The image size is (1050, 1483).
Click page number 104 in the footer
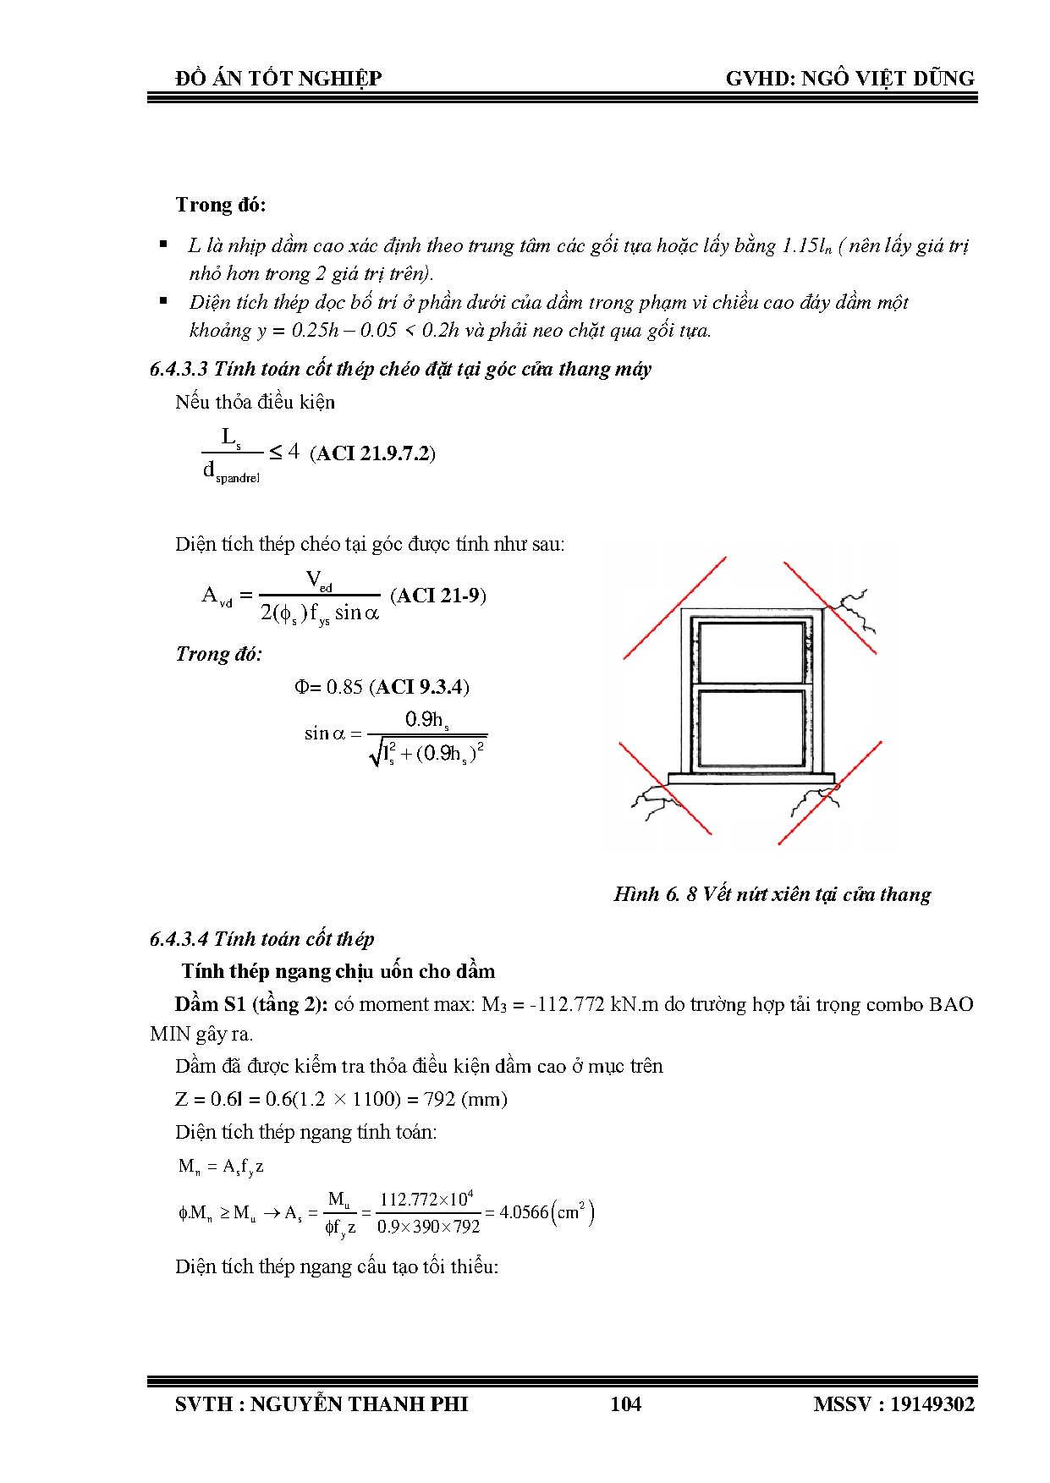click(625, 1404)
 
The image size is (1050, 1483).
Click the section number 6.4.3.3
click(179, 369)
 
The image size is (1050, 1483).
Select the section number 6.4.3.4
click(179, 939)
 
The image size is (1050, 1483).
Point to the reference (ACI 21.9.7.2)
click(372, 453)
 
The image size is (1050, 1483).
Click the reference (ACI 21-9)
click(437, 596)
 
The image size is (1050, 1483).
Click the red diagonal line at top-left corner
click(674, 608)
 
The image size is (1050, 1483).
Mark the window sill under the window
click(750, 777)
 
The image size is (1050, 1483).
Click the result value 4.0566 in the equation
click(523, 1212)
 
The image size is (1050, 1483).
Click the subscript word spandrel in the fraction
click(238, 479)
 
